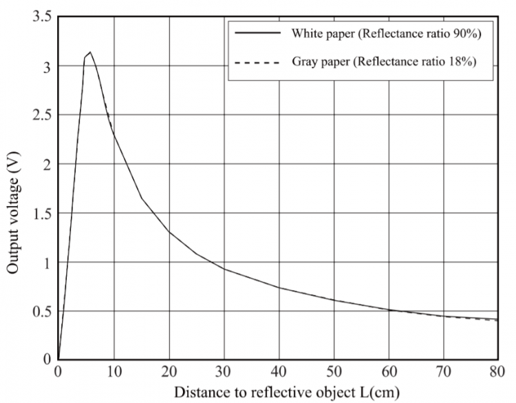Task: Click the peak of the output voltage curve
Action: pyautogui.click(x=90, y=52)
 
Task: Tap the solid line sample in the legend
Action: pyautogui.click(x=257, y=33)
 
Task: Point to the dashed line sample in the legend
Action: pyautogui.click(x=257, y=63)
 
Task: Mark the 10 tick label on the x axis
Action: pyautogui.click(x=114, y=373)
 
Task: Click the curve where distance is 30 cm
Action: pyautogui.click(x=224, y=269)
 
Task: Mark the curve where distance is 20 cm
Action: pyautogui.click(x=169, y=231)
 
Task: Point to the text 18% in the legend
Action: pyautogui.click(x=464, y=62)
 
